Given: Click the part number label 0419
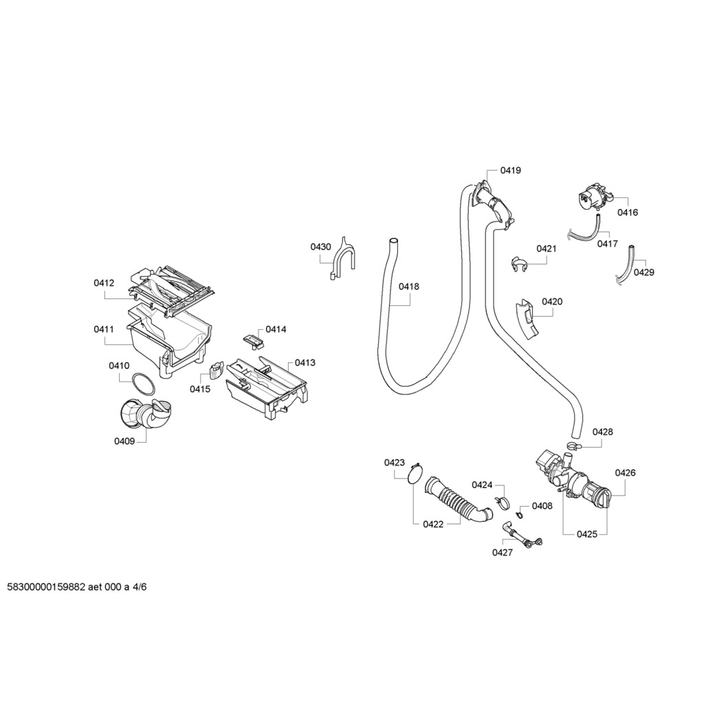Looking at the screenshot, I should tap(510, 170).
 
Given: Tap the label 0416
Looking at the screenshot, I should tap(627, 212).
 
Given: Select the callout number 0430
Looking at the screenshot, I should tap(320, 247).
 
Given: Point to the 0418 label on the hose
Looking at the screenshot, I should tap(408, 287).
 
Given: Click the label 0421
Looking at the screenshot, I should tap(547, 248).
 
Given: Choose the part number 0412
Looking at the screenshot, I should tap(104, 283).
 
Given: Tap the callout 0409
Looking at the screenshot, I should tap(124, 441).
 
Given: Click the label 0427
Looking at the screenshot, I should tap(502, 552).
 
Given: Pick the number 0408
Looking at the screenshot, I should tap(542, 506).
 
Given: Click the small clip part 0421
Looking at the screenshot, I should tap(519, 263).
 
